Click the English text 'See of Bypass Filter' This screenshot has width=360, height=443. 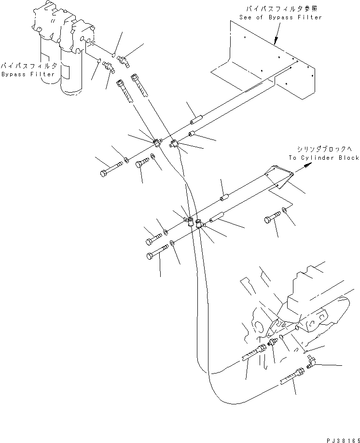pyautogui.click(x=280, y=17)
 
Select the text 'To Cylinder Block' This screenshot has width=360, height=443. pyautogui.click(x=324, y=158)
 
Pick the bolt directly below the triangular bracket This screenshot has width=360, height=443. pyautogui.click(x=271, y=220)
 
